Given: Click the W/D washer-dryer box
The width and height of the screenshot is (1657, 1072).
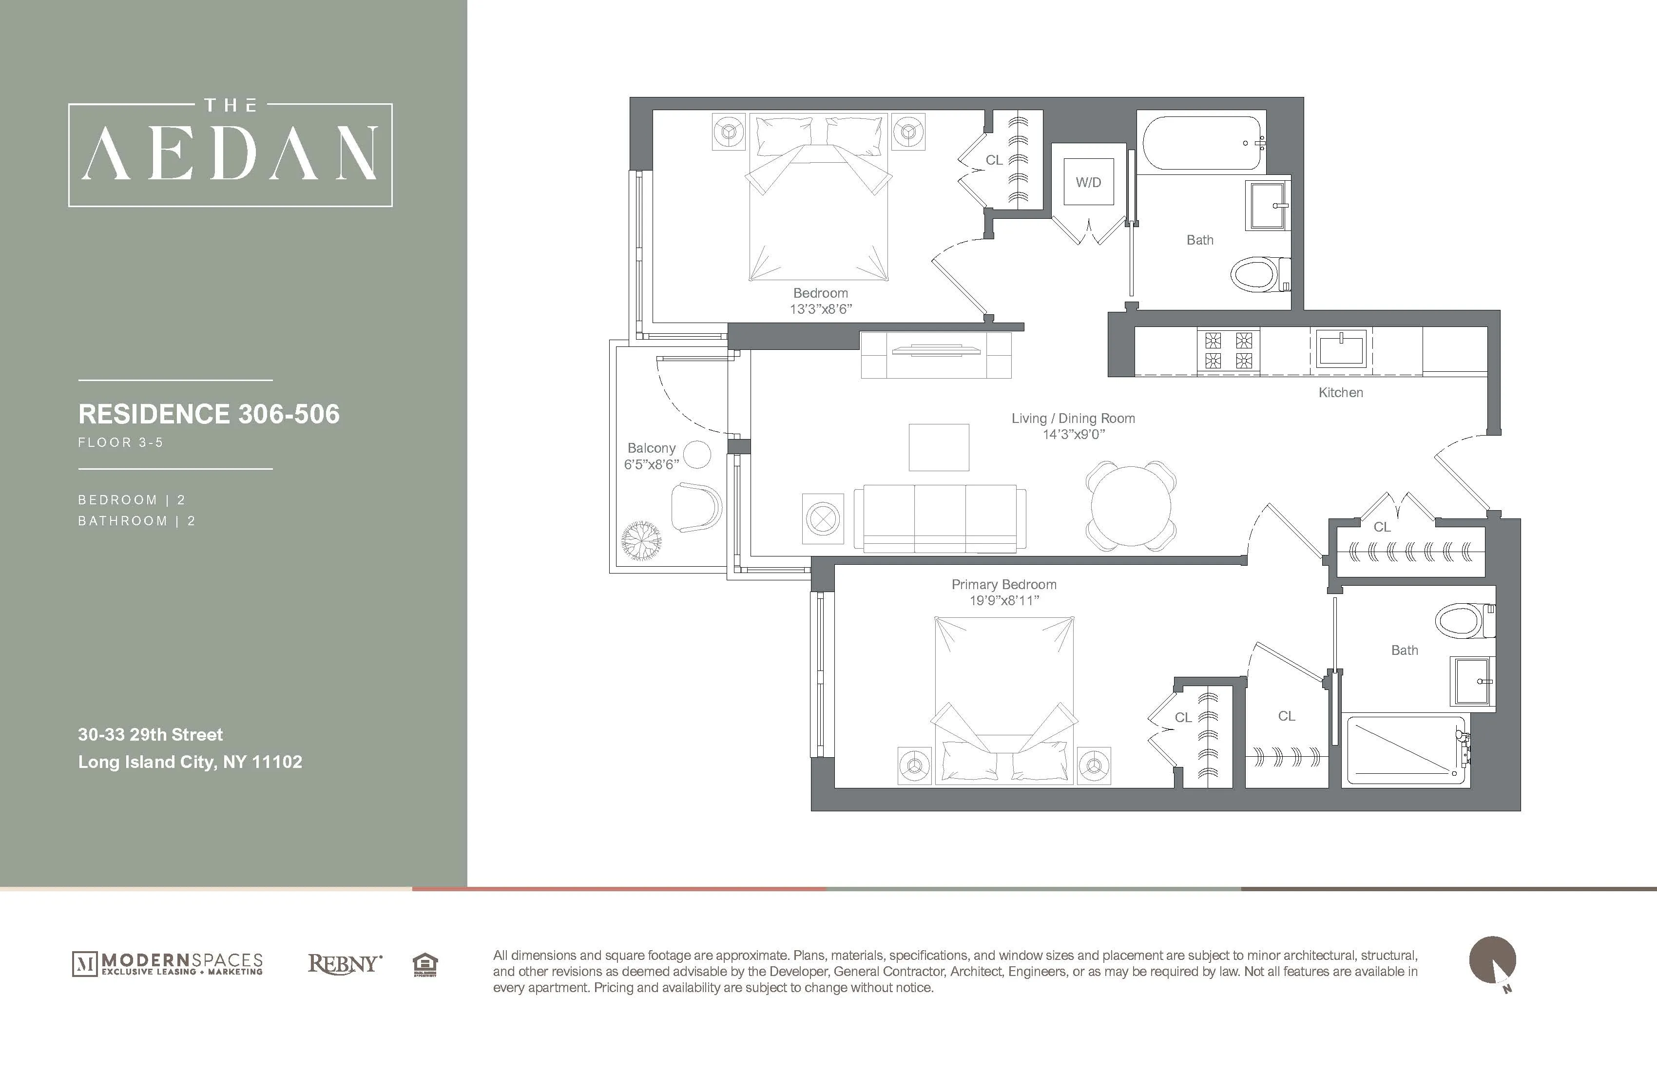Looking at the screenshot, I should click(x=1088, y=182).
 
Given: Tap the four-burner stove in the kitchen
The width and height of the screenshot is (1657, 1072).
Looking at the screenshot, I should click(x=1229, y=350).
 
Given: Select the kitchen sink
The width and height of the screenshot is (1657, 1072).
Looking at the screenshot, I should click(x=1340, y=348).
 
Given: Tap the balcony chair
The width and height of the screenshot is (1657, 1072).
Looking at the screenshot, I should click(x=696, y=507).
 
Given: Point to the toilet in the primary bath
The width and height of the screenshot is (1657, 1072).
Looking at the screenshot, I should click(x=1464, y=621).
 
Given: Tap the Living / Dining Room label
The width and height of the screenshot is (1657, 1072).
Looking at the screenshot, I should click(x=1073, y=419).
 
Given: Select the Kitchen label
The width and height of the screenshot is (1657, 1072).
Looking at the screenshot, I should click(x=1340, y=393).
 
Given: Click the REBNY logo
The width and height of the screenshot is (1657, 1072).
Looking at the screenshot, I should click(x=345, y=964).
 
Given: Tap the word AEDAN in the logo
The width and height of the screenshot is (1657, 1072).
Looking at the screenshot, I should click(x=231, y=153).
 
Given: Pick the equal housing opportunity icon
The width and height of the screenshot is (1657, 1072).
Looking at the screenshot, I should click(x=424, y=965).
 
